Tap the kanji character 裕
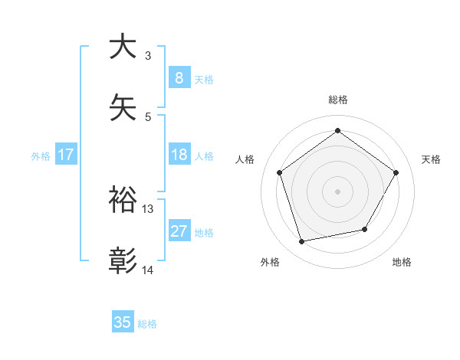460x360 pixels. tap(123, 200)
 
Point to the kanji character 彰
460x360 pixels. tap(123, 261)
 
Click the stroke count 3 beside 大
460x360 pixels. tap(148, 56)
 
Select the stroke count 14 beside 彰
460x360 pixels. tap(148, 270)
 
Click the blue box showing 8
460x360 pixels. tap(179, 77)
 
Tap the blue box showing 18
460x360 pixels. tap(179, 155)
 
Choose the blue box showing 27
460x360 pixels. tap(179, 231)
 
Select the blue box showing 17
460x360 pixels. tap(66, 155)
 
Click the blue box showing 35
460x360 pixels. tap(123, 322)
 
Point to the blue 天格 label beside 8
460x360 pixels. tap(204, 79)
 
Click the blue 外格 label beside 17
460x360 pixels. tap(41, 156)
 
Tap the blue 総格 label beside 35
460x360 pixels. tap(147, 324)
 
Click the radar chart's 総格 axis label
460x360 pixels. tap(337, 100)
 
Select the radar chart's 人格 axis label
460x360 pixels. tap(245, 159)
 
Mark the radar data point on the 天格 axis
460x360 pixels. tap(396, 172)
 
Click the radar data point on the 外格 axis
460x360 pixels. tap(302, 241)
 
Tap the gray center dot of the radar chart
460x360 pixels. tap(337, 191)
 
